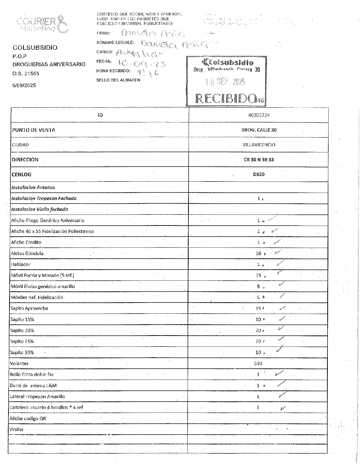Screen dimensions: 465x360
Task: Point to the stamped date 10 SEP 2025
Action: coord(225,82)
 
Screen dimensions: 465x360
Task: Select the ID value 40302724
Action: coord(259,115)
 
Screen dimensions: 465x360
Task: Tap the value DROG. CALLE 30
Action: coord(259,130)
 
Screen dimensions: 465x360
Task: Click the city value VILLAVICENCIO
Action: coord(259,145)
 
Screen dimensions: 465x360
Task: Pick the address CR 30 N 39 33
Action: coord(259,160)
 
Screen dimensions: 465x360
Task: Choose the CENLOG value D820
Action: coord(259,174)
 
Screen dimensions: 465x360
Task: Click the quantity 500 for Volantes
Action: coord(258,363)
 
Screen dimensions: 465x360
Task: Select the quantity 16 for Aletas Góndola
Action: coord(258,253)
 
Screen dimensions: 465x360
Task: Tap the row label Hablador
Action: coord(21,264)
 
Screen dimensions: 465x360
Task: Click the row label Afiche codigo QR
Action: coord(28,418)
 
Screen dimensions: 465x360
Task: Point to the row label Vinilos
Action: coord(16,429)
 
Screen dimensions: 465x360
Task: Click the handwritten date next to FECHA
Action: coord(142,63)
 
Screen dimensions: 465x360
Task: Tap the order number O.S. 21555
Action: coord(26,74)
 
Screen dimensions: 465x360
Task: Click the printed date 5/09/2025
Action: coord(24,85)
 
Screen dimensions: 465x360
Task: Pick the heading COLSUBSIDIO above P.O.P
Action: coord(35,48)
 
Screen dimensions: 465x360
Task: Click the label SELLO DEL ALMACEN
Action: coord(118,80)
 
